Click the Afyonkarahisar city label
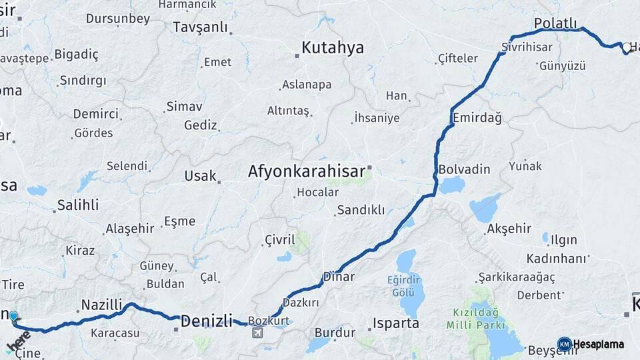307,171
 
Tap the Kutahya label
333,47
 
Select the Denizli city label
206,319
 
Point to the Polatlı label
555,23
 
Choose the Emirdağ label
477,117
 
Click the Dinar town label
339,276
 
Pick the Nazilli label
101,305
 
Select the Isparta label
396,323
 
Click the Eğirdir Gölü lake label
405,286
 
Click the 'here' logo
17,341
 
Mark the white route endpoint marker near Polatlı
627,48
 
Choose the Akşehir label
509,229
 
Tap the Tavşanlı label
200,27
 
